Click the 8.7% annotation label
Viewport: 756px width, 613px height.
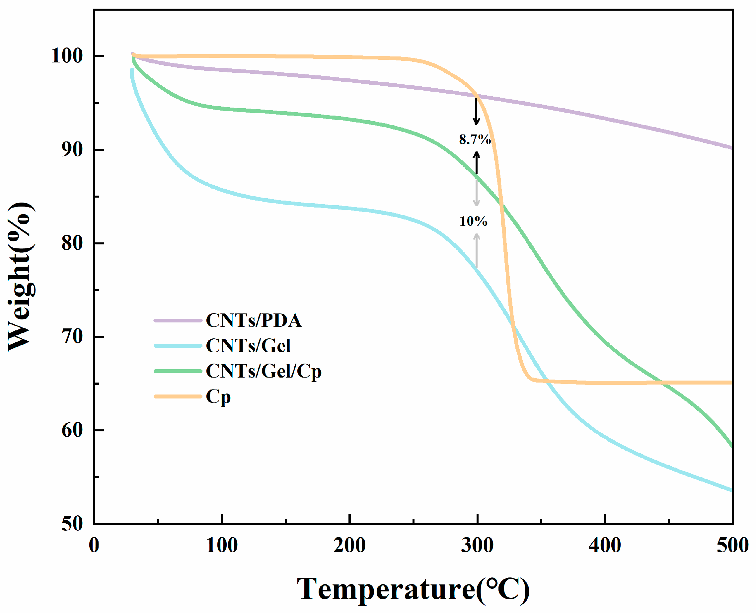coord(475,139)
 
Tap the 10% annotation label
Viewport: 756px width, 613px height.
coord(473,221)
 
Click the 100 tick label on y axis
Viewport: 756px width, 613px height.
coord(67,56)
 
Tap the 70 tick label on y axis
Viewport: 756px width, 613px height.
coord(72,336)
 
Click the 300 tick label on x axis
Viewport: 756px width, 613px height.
coord(477,546)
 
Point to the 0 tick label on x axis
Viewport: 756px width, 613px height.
coord(94,546)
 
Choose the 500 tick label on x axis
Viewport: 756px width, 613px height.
coord(732,546)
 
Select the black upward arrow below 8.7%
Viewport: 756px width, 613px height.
coord(477,163)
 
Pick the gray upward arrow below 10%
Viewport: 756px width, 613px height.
coord(477,251)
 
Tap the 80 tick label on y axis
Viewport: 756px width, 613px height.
coord(72,243)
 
